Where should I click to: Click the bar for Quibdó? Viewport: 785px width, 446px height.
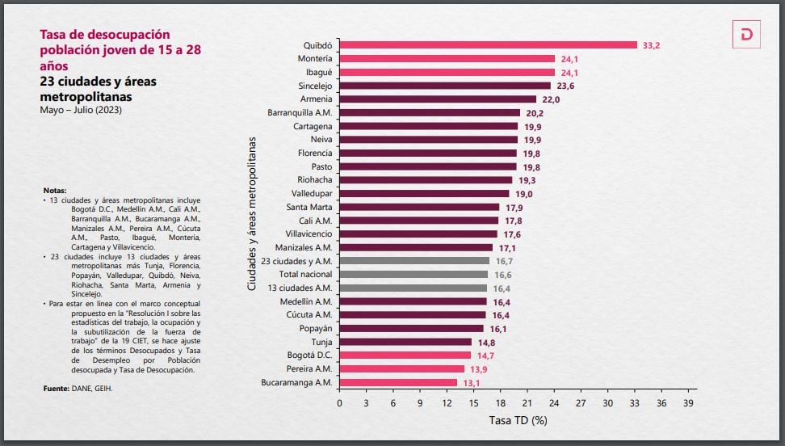pyautogui.click(x=488, y=45)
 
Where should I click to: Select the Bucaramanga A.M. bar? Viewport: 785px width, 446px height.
pyautogui.click(x=398, y=382)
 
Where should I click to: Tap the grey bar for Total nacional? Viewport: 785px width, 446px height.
pyautogui.click(x=413, y=275)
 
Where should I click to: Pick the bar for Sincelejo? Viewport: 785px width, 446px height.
pyautogui.click(x=445, y=86)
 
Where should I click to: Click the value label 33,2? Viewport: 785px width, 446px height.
pyautogui.click(x=652, y=45)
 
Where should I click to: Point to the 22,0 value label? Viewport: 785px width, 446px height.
pyautogui.click(x=551, y=99)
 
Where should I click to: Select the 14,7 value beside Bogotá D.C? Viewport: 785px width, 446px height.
pyautogui.click(x=485, y=356)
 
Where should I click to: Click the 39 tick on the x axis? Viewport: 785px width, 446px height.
pyautogui.click(x=688, y=402)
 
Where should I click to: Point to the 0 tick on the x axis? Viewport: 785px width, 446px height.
pyautogui.click(x=339, y=402)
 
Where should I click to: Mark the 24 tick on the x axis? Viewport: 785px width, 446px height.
pyautogui.click(x=554, y=402)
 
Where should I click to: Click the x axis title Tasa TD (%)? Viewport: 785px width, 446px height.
pyautogui.click(x=518, y=421)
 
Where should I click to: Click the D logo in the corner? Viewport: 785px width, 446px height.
pyautogui.click(x=747, y=35)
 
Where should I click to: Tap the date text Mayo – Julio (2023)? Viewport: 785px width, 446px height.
pyautogui.click(x=81, y=110)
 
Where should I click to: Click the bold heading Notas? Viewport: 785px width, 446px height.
pyautogui.click(x=55, y=191)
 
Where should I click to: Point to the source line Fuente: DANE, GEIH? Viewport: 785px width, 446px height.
pyautogui.click(x=78, y=389)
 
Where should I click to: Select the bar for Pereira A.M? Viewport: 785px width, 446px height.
pyautogui.click(x=401, y=369)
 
